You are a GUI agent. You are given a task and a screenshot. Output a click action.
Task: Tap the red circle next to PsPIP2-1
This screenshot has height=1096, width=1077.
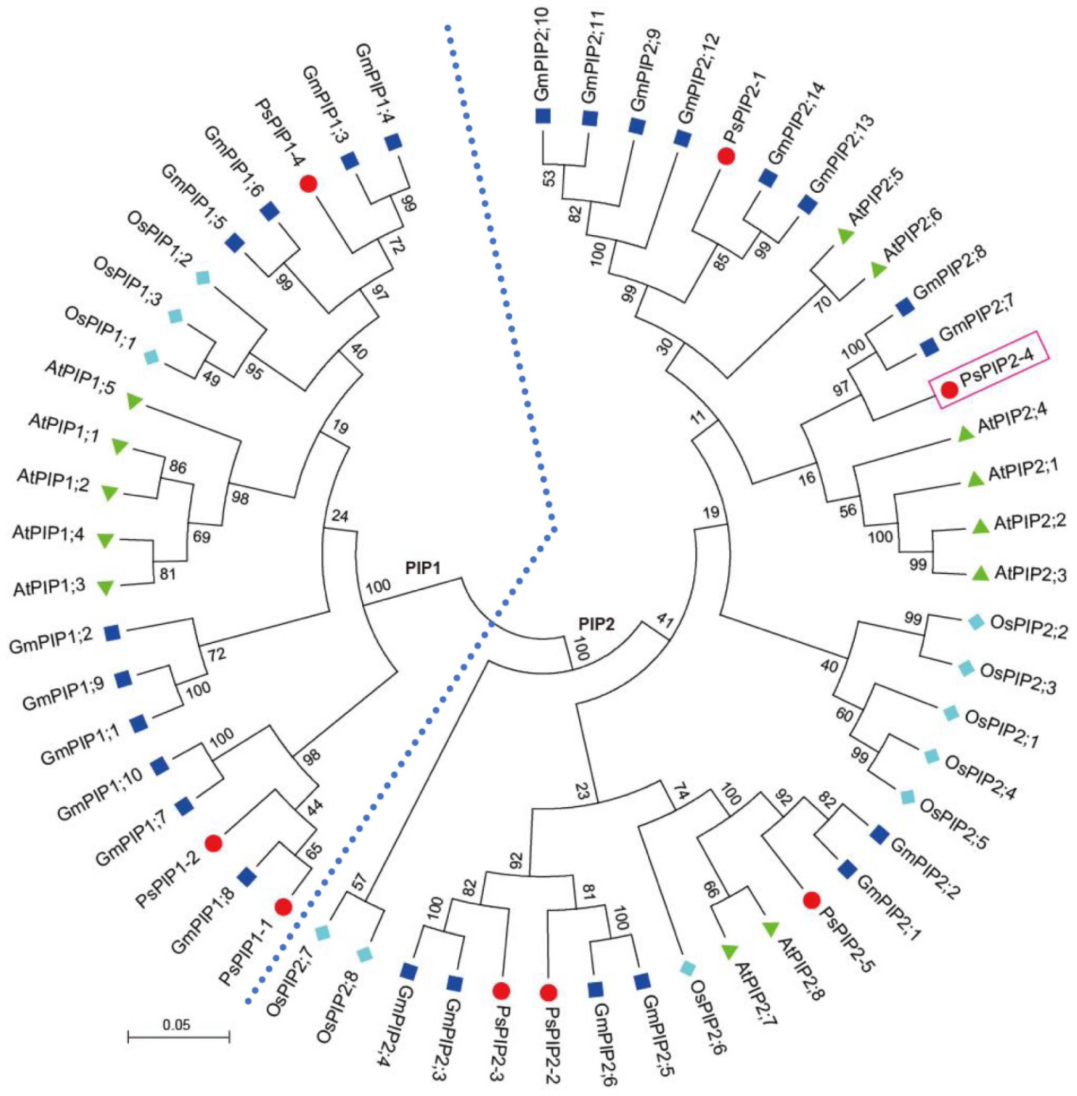(x=726, y=156)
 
